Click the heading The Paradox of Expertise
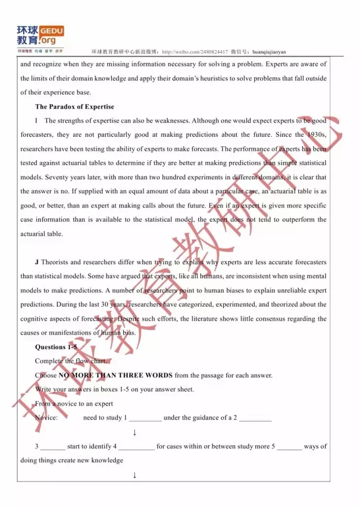[x=74, y=106]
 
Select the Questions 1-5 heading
[x=56, y=346]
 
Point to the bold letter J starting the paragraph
[x=37, y=262]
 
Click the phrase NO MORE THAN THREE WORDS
[x=115, y=375]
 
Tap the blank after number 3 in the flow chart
[x=53, y=447]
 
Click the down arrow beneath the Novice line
[x=134, y=432]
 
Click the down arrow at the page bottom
[x=134, y=475]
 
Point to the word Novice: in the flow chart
[x=46, y=418]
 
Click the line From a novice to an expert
[x=74, y=403]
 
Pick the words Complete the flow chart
[x=70, y=361]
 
